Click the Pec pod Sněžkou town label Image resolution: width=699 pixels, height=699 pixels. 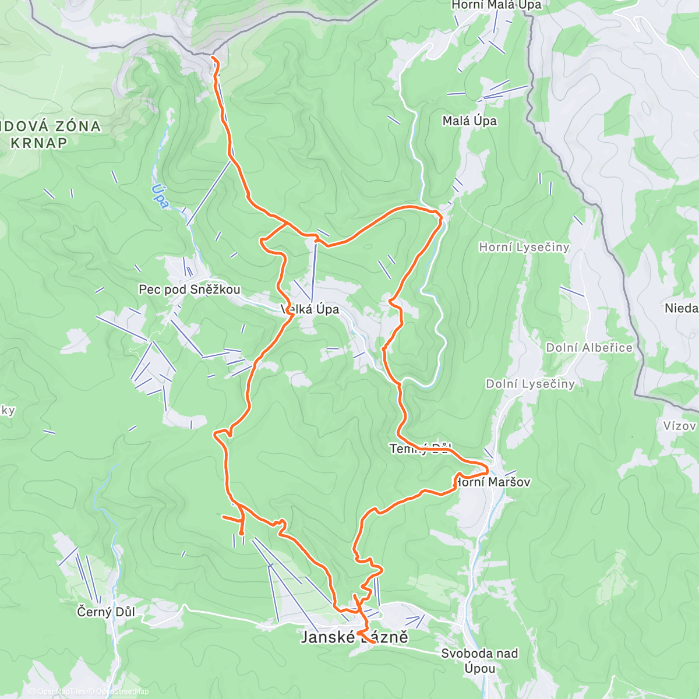[189, 290]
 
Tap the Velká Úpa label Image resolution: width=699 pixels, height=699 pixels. [310, 309]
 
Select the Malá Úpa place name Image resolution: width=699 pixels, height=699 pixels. [469, 121]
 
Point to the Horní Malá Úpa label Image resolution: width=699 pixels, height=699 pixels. [496, 5]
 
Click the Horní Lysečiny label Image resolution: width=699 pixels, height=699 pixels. [524, 248]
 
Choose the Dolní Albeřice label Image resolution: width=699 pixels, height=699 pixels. [589, 348]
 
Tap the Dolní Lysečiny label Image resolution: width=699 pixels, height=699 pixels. [530, 384]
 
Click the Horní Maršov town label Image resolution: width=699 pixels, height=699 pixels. [493, 482]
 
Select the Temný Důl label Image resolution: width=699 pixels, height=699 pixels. [421, 449]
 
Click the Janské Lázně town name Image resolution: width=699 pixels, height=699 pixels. [354, 637]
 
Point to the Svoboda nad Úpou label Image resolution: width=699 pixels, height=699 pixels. [479, 661]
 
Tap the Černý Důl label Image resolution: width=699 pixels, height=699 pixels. [106, 612]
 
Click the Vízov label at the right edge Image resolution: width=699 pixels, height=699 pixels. [680, 426]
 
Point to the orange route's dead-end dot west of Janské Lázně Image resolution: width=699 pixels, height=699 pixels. [241, 532]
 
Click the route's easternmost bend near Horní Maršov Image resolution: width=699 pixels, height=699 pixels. [487, 469]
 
